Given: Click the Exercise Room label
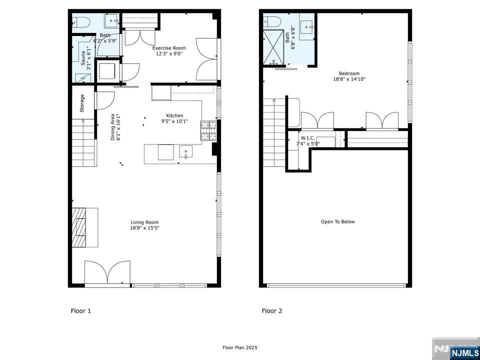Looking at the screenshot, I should [x=169, y=48].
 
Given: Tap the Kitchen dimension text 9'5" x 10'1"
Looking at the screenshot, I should [x=174, y=121].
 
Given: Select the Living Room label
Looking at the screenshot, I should [x=144, y=222].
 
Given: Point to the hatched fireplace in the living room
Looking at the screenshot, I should [x=79, y=227].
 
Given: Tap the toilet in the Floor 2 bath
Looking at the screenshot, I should [x=272, y=21].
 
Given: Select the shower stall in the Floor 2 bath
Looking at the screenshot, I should [x=273, y=47].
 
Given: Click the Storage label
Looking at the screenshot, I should [x=82, y=103].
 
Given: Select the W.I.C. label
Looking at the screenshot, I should [x=307, y=138].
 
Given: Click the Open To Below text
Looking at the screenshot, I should [x=337, y=221].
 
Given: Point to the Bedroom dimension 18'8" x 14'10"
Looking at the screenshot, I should [x=346, y=79].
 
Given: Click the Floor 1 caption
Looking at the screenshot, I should [x=81, y=311].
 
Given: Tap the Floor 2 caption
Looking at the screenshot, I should [x=272, y=311].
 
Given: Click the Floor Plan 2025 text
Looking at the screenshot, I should [x=240, y=347].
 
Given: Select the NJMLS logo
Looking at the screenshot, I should [x=464, y=353].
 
